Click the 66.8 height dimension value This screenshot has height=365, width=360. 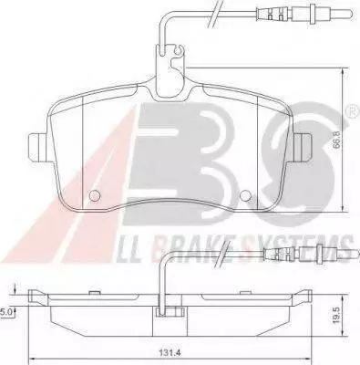point(336,140)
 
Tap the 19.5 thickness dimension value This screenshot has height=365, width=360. point(335,315)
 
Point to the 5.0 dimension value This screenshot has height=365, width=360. point(5,311)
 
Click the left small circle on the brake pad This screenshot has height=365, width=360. point(96,195)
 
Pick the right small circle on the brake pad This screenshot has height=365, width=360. point(245,195)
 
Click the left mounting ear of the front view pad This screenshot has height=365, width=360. point(37,148)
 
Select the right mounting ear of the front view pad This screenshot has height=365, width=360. point(303,148)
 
